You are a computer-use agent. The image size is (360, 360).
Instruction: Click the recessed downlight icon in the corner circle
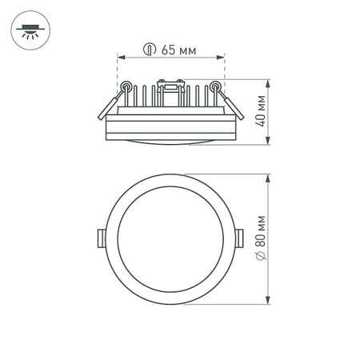click(30, 31)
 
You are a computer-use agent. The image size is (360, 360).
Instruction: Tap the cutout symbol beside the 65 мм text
click(149, 50)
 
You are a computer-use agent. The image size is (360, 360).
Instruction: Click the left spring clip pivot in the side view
click(126, 86)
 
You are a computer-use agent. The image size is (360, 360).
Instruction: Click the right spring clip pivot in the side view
click(215, 86)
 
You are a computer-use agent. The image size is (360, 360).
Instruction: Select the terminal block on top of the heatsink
click(170, 83)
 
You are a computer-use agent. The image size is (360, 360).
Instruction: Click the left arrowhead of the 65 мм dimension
click(119, 58)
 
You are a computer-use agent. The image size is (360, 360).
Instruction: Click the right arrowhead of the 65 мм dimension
click(222, 58)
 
